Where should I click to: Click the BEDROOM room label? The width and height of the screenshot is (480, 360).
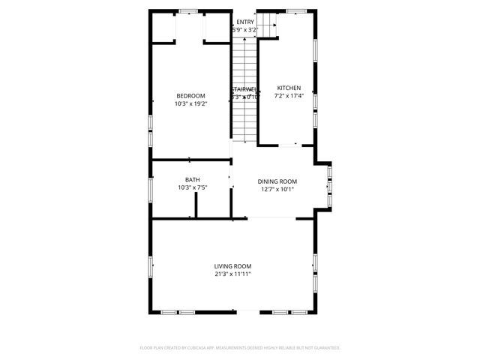point(190,95)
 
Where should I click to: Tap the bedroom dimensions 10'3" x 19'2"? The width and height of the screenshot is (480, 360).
point(190,104)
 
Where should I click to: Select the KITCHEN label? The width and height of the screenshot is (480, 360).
point(289,87)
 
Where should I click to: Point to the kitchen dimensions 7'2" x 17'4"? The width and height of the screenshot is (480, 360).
point(289,96)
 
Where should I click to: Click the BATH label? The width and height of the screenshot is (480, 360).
point(193,179)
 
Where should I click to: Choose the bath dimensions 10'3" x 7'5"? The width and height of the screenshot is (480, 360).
point(193,188)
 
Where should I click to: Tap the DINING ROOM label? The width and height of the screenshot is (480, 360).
point(277,181)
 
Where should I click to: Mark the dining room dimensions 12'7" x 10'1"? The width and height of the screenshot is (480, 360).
point(277,190)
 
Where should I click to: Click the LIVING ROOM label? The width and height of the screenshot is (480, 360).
point(232,265)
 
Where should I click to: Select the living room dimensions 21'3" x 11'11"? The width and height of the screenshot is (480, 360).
point(232,274)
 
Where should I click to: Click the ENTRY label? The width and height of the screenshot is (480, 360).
point(245,22)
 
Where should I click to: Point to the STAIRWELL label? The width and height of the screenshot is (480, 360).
point(244,88)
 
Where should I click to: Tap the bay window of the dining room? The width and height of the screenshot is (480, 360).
point(330,183)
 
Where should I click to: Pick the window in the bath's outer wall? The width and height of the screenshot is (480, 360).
point(151,188)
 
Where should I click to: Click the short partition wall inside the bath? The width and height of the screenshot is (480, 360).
point(196,205)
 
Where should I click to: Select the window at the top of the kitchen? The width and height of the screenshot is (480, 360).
point(296,10)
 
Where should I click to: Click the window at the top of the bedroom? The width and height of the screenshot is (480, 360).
point(188,10)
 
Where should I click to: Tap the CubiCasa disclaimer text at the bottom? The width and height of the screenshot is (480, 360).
point(240,348)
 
